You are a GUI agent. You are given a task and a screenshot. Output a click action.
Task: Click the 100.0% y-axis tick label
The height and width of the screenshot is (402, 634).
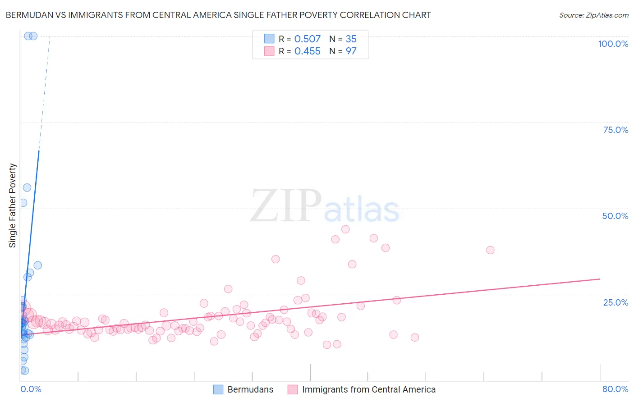pos(613,44)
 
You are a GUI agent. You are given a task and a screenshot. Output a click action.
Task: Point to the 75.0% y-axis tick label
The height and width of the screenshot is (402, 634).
pos(616,130)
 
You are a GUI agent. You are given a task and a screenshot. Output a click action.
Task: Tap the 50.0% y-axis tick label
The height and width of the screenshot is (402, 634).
pos(615,216)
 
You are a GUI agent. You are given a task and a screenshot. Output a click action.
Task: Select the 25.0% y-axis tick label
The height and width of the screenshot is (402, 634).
pos(616,302)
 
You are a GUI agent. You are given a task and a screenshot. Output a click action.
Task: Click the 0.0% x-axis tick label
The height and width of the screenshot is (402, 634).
pos(31,389)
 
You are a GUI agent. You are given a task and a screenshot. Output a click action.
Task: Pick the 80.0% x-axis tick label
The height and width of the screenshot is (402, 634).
pos(615,389)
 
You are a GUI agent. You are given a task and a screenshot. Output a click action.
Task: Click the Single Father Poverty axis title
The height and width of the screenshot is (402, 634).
pos(13,205)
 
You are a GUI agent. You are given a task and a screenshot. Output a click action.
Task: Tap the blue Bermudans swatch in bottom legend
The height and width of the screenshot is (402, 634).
pos(218,389)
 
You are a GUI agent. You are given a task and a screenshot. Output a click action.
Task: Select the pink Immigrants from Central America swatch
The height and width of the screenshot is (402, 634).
pos(293,389)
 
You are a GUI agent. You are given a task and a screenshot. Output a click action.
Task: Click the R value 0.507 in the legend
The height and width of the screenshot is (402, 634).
pos(307,39)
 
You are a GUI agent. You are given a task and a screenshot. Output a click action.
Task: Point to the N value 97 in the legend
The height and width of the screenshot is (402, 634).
pos(351,51)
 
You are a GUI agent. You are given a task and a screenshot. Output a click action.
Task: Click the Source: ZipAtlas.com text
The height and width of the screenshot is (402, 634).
pos(593,15)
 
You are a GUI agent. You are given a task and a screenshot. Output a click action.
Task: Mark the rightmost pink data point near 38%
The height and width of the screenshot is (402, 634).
pos(490,250)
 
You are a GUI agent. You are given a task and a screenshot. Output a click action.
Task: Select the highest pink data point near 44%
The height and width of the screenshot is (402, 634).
pos(345,229)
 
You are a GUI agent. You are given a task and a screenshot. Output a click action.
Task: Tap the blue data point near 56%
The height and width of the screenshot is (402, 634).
pos(27,187)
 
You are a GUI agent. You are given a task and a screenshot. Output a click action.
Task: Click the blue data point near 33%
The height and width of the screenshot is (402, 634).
pos(38,265)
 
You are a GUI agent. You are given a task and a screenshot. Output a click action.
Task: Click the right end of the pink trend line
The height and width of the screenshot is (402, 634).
pos(600,279)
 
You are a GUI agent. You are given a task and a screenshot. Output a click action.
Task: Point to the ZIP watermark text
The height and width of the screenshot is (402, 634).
pos(286,206)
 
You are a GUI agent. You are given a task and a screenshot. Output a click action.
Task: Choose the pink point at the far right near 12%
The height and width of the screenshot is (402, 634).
pos(415,338)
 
